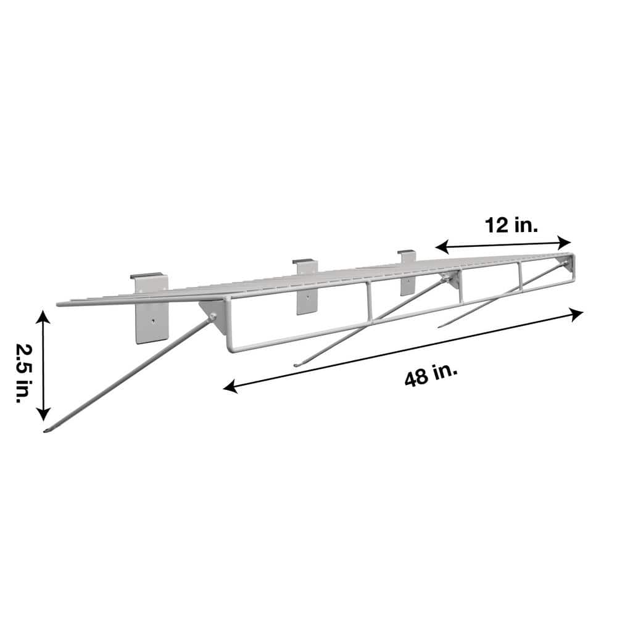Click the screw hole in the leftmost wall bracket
click(x=151, y=321)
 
